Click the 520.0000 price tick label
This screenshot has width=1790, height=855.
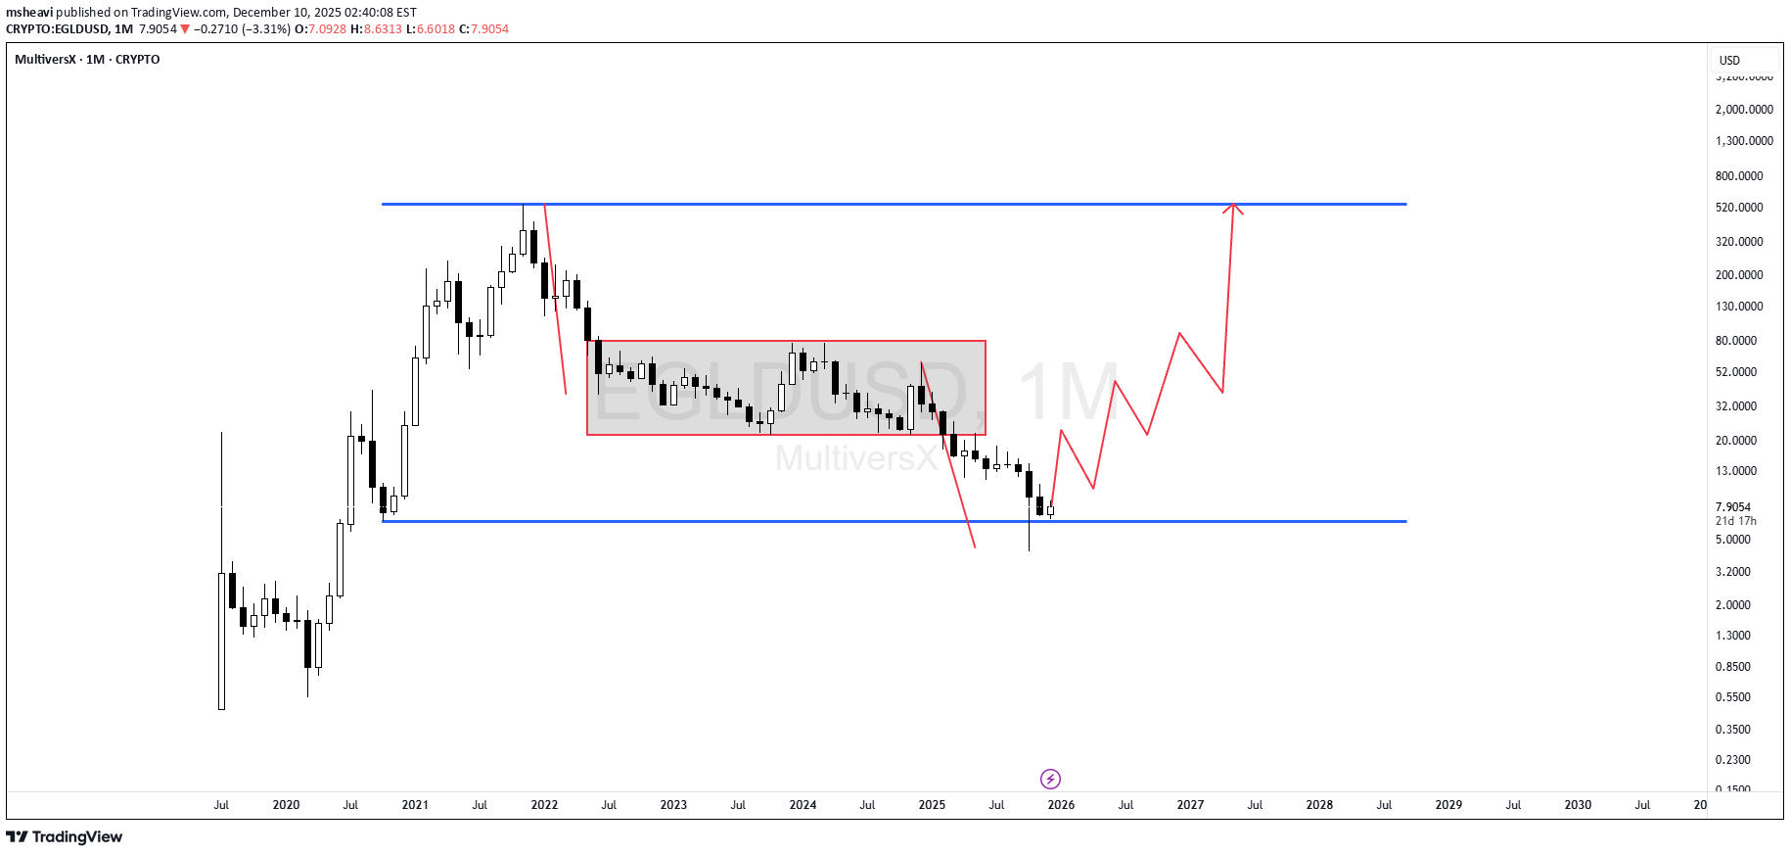pyautogui.click(x=1738, y=208)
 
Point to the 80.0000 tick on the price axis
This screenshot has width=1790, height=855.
pyautogui.click(x=1735, y=341)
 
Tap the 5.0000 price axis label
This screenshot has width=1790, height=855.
pyautogui.click(x=1732, y=540)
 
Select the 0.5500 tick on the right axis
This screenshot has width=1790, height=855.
pyautogui.click(x=1732, y=697)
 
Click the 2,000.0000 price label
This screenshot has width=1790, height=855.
pyautogui.click(x=1744, y=110)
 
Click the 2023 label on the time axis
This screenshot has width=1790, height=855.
pyautogui.click(x=673, y=805)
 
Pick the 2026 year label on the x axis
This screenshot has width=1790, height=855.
pyautogui.click(x=1061, y=805)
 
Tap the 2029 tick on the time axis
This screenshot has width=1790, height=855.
pyautogui.click(x=1448, y=805)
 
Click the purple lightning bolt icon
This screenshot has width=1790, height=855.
pyautogui.click(x=1050, y=779)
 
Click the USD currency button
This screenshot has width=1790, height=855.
pyautogui.click(x=1729, y=61)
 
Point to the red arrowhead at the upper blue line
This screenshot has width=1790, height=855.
pyautogui.click(x=1234, y=207)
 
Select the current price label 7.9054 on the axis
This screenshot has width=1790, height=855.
pyautogui.click(x=1732, y=507)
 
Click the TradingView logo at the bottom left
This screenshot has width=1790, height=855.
pyautogui.click(x=65, y=836)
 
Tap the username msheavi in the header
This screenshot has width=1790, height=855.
pyautogui.click(x=29, y=13)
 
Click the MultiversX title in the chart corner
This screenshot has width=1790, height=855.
pyautogui.click(x=45, y=60)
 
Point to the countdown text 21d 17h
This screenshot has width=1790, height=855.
pyautogui.click(x=1735, y=521)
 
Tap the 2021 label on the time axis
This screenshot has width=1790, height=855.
pyautogui.click(x=415, y=805)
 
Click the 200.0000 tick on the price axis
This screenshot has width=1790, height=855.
pyautogui.click(x=1738, y=275)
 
